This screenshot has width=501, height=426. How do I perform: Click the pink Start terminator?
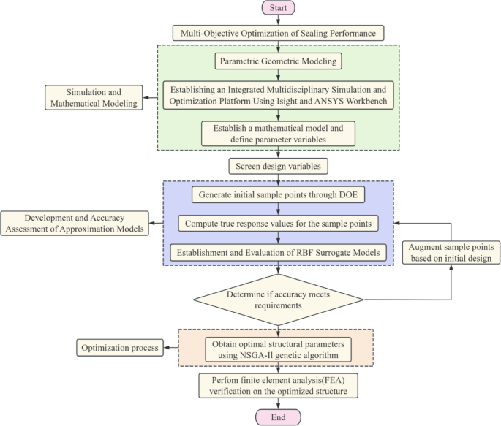click(x=278, y=9)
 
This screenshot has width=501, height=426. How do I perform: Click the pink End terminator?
click(x=278, y=417)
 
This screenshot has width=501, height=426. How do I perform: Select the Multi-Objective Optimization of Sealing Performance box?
click(x=278, y=33)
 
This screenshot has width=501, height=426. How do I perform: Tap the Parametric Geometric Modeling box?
click(x=278, y=60)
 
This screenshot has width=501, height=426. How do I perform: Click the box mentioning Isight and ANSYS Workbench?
click(x=278, y=94)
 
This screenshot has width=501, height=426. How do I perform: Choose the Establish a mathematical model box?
click(x=278, y=132)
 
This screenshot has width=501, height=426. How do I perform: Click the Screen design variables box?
click(x=278, y=166)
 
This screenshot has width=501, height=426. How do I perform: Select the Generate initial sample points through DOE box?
click(x=278, y=195)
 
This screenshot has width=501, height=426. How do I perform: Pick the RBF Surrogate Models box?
click(x=278, y=252)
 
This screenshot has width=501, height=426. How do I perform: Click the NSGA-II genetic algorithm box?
click(x=278, y=349)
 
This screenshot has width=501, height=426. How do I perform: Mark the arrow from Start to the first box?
click(x=278, y=20)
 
